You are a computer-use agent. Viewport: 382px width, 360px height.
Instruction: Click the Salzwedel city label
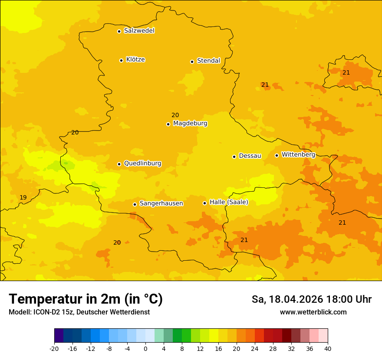(139, 31)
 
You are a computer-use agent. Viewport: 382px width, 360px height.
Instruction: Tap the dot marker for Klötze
(121, 60)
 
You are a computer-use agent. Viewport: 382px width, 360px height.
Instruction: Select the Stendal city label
(208, 61)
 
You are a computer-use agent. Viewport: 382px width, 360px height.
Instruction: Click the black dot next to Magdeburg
(168, 124)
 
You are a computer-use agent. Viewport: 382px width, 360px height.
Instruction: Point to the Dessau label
(250, 156)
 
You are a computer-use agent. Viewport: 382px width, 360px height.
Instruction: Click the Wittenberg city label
(298, 154)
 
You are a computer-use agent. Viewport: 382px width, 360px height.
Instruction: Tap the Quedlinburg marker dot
(119, 164)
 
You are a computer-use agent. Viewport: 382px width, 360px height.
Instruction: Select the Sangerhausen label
(161, 203)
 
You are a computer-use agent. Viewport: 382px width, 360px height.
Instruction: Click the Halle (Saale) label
(229, 202)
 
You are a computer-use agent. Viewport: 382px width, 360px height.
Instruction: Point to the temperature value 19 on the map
(23, 198)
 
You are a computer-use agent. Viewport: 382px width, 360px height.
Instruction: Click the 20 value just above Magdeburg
(175, 115)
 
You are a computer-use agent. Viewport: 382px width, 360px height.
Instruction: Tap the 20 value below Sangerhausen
(117, 243)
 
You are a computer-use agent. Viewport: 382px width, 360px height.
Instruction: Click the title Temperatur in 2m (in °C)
(86, 299)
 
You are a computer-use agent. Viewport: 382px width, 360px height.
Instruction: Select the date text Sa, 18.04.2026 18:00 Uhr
(311, 300)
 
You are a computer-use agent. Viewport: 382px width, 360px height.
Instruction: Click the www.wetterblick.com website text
(313, 312)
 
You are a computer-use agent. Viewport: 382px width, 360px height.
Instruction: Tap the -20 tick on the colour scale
(54, 348)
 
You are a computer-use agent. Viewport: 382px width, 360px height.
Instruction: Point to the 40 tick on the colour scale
(328, 348)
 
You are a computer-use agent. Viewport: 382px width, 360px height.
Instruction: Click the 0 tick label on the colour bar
(145, 348)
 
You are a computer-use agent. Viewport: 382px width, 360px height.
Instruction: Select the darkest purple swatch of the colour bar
(59, 336)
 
